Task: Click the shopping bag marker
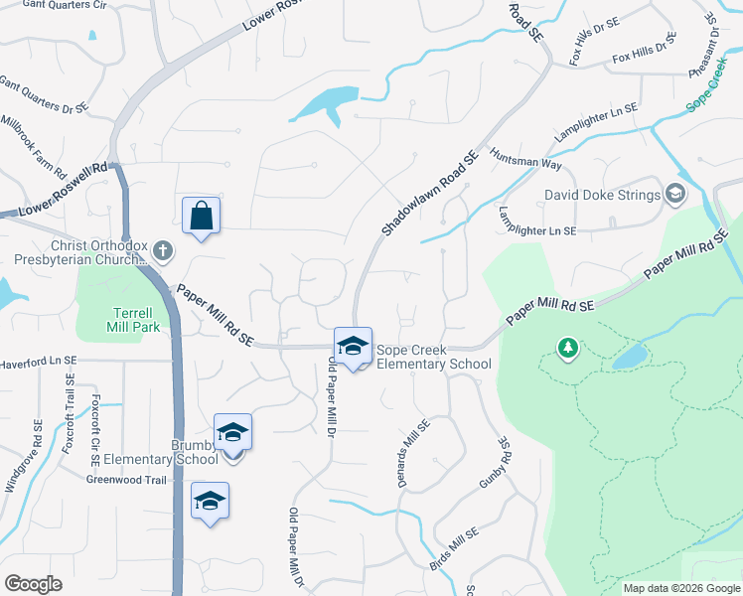201,215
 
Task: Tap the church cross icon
163,251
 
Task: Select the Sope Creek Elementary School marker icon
353,346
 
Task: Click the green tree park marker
567,348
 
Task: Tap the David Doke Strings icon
676,193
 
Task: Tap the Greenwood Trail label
125,478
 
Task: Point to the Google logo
33,584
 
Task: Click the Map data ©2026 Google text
680,588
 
